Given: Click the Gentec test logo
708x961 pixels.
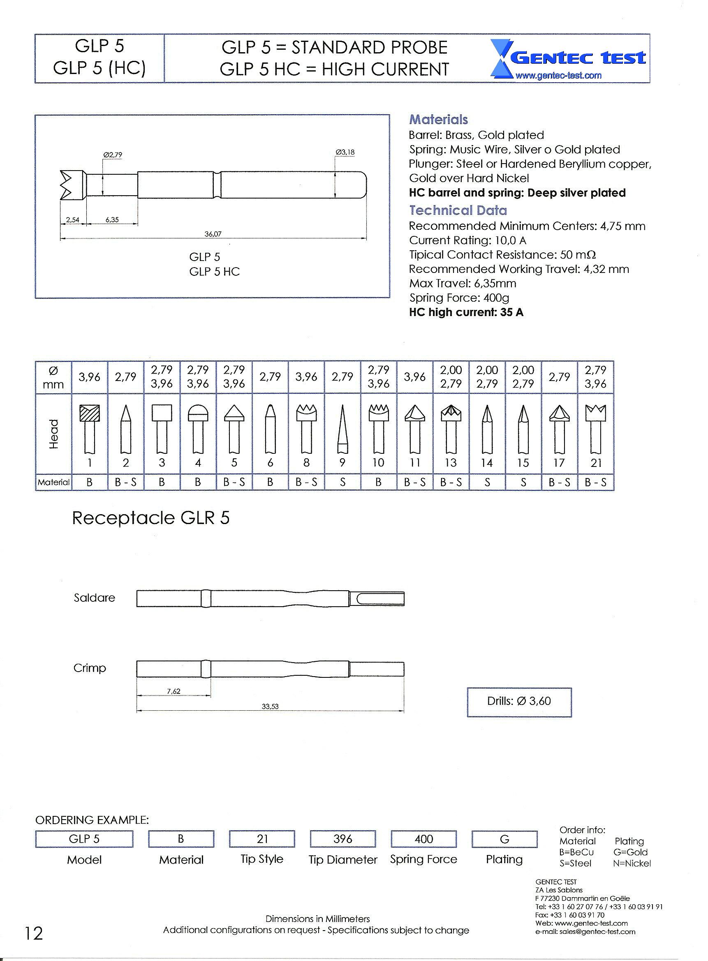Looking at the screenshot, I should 569,59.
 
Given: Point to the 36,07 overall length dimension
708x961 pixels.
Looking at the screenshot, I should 213,234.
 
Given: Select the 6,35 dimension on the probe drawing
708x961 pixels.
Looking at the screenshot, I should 112,220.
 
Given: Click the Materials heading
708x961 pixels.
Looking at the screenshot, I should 438,120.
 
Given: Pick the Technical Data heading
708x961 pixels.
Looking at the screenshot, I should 458,210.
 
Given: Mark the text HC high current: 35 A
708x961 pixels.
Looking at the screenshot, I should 466,312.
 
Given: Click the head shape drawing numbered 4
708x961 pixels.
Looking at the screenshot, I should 198,428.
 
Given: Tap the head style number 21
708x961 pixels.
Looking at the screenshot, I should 596,463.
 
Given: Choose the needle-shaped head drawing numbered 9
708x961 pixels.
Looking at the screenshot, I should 342,428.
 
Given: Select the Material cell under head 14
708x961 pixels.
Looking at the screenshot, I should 487,483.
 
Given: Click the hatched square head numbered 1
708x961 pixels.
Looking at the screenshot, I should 90,428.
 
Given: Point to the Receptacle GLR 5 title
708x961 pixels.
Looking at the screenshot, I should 151,518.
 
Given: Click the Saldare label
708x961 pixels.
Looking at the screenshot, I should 94,598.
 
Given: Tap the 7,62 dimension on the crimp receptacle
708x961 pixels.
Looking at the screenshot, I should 174,691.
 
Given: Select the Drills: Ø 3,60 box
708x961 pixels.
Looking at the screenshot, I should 519,701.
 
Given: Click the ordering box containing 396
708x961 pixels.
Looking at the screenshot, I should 342,839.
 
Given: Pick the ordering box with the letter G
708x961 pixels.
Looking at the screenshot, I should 504,839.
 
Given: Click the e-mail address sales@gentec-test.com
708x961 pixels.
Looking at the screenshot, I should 585,932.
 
